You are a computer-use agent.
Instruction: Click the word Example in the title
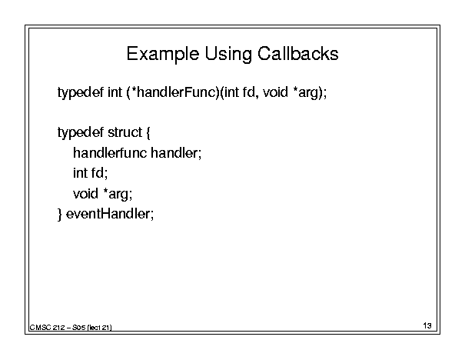coord(162,55)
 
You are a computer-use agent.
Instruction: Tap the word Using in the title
coord(228,55)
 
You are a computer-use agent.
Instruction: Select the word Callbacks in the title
coord(297,54)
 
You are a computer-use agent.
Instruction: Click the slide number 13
coord(427,325)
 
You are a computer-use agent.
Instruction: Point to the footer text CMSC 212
coord(47,328)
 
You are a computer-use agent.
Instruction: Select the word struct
coord(125,132)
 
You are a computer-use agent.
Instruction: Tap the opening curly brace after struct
coord(148,132)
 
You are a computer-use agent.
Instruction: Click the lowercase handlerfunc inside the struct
coord(110,153)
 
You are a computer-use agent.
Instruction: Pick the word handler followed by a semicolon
coord(176,153)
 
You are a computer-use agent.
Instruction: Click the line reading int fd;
coord(90,173)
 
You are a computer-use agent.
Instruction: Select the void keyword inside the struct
coord(85,194)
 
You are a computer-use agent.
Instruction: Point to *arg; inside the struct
coord(118,195)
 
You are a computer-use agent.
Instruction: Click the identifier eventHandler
coord(110,214)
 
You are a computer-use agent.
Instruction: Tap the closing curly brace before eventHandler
coord(60,215)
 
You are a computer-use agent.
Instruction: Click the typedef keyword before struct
coord(81,132)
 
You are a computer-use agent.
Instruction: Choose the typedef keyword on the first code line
coord(81,92)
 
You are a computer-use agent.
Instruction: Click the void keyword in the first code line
coord(275,92)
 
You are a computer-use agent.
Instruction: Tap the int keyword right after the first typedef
coord(115,92)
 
